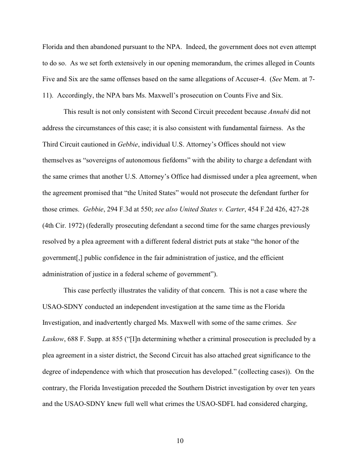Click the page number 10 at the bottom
pos(180,441)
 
